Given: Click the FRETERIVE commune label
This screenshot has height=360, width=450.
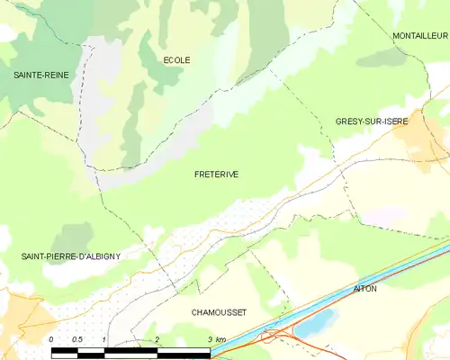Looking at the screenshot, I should pos(216,175).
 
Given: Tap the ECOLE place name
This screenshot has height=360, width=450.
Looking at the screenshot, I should pos(176,60).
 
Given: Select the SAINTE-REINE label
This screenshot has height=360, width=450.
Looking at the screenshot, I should pos(31,78).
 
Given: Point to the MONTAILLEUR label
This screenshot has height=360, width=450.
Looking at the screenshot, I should pos(419,35).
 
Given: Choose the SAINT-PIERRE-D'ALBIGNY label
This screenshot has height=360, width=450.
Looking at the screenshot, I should pos(70,256).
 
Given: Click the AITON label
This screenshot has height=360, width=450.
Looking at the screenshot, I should pos(365,289).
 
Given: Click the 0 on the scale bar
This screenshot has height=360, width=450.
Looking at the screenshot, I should pos(53,338).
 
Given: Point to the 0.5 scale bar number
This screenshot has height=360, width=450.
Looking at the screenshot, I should pos(78,338).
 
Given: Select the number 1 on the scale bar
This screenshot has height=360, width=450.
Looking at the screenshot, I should pos(105,338).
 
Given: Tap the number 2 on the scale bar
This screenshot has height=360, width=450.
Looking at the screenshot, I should pos(157,338).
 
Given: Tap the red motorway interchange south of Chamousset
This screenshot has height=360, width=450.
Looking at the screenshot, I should pos(273,337).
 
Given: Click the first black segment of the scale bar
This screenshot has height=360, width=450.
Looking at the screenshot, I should pos(65,350).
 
